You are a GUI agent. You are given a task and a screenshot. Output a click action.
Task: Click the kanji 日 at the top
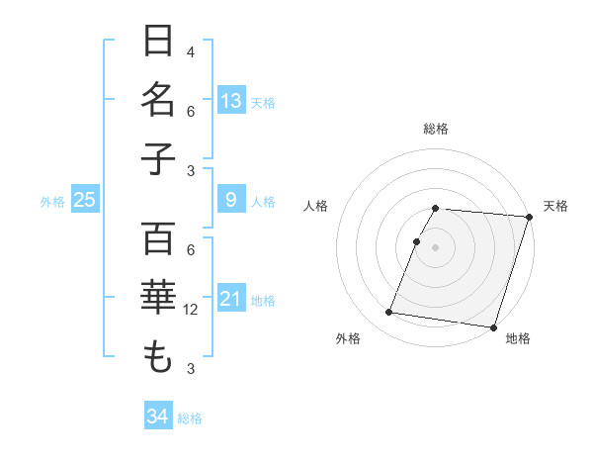pyautogui.click(x=158, y=42)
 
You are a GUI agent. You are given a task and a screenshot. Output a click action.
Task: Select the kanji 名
pyautogui.click(x=158, y=100)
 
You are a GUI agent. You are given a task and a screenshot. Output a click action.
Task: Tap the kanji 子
pyautogui.click(x=158, y=157)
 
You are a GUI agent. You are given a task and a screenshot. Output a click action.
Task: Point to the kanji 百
pyautogui.click(x=158, y=238)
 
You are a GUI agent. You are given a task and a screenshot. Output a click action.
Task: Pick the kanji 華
pyautogui.click(x=158, y=298)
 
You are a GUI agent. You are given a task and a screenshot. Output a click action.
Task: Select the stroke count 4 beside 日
pyautogui.click(x=191, y=52)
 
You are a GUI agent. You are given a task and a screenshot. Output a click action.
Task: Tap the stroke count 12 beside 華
pyautogui.click(x=192, y=310)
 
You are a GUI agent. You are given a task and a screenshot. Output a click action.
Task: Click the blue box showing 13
pyautogui.click(x=231, y=100)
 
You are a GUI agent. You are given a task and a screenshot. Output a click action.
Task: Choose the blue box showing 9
pyautogui.click(x=231, y=201)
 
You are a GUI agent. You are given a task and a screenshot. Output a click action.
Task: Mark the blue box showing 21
pyautogui.click(x=231, y=298)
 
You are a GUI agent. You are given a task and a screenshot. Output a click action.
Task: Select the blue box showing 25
pyautogui.click(x=84, y=201)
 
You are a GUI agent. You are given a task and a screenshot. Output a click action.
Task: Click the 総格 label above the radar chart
pyautogui.click(x=436, y=129)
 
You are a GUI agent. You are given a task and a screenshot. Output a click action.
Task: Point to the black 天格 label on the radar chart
pyautogui.click(x=555, y=206)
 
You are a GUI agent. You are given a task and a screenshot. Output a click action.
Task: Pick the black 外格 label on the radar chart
pyautogui.click(x=348, y=338)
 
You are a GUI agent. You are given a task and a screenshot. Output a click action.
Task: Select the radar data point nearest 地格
pyautogui.click(x=493, y=326)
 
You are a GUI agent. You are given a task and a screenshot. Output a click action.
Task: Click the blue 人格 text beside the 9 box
pyautogui.click(x=263, y=202)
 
